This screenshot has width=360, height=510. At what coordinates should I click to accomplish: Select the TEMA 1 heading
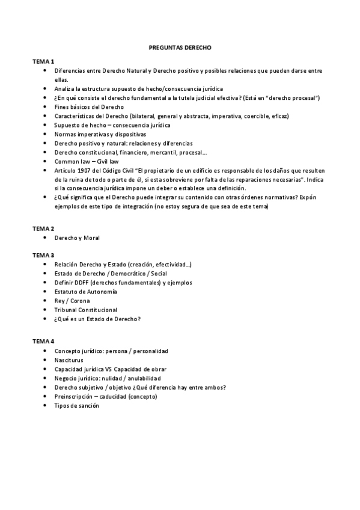point(43,61)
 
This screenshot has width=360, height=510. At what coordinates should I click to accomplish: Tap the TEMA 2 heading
point(43,229)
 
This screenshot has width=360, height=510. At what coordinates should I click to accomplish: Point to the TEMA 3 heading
point(43,255)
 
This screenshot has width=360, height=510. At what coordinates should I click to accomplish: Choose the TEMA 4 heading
point(43,341)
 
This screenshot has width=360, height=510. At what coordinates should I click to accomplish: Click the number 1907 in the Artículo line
point(82,170)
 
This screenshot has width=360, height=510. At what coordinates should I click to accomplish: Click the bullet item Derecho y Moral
point(77,238)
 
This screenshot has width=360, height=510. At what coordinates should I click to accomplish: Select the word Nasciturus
point(69,360)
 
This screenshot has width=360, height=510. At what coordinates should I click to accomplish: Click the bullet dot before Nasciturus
point(46,360)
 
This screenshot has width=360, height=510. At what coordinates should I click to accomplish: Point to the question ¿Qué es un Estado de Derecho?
point(97,319)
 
